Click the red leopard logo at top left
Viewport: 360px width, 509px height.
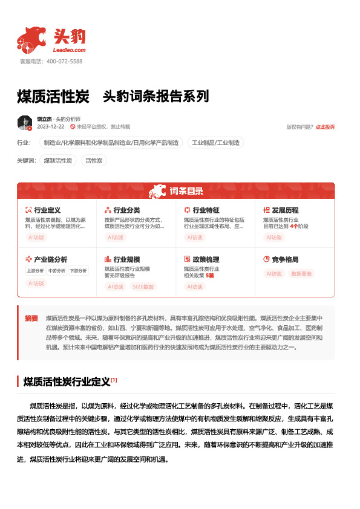(31, 40)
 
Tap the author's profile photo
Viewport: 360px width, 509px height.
(25, 123)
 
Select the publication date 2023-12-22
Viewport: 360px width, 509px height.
(50, 127)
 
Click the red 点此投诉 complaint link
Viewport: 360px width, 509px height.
(325, 127)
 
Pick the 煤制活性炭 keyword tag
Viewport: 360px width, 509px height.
(58, 160)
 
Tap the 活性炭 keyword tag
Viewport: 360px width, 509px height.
(94, 160)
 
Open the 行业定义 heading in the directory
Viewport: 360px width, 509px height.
(47, 210)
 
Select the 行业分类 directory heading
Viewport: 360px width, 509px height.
(126, 210)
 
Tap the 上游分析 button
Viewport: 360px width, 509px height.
(35, 270)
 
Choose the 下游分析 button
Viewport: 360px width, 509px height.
(77, 270)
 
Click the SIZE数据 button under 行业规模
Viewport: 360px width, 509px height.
(143, 287)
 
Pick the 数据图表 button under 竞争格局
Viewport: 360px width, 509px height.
(302, 274)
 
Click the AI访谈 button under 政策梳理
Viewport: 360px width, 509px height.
(195, 287)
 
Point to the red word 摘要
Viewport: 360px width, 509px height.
(31, 318)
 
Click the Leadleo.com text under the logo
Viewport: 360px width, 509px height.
(70, 50)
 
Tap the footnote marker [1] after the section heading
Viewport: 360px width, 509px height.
(114, 380)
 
